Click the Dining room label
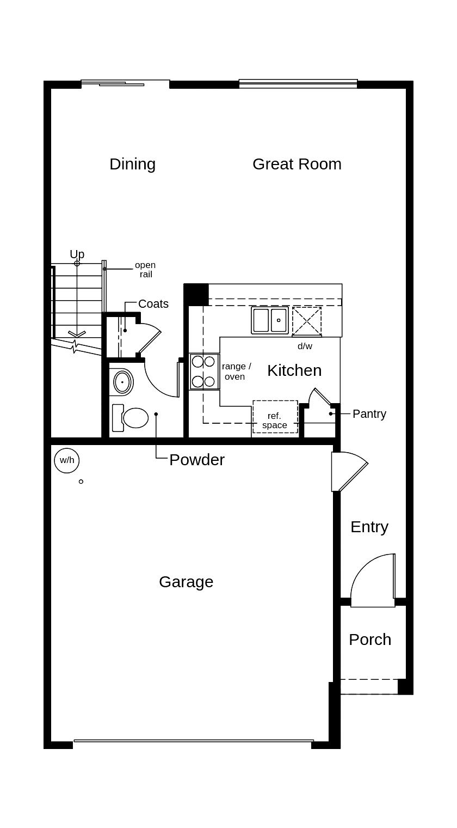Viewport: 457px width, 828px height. pyautogui.click(x=132, y=164)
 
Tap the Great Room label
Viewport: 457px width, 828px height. pyautogui.click(x=297, y=164)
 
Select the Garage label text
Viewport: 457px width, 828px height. pyautogui.click(x=186, y=582)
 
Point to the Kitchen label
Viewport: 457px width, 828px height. pyautogui.click(x=294, y=370)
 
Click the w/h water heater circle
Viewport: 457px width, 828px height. pyautogui.click(x=67, y=460)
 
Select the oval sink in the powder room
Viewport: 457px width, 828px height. pyautogui.click(x=123, y=382)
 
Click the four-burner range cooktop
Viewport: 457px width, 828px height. pyautogui.click(x=203, y=372)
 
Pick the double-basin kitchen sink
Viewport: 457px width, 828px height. pyautogui.click(x=270, y=320)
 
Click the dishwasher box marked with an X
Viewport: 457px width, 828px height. pyautogui.click(x=307, y=321)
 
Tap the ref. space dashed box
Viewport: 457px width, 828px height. pyautogui.click(x=275, y=417)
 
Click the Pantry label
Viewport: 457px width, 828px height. pyautogui.click(x=369, y=414)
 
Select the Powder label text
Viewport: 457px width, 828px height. pyautogui.click(x=197, y=460)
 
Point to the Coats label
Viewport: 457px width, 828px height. pyautogui.click(x=153, y=304)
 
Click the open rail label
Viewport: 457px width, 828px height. pyautogui.click(x=145, y=270)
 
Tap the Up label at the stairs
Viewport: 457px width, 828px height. pyautogui.click(x=77, y=254)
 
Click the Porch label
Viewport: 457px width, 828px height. pyautogui.click(x=370, y=640)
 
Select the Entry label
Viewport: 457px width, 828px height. pyautogui.click(x=369, y=527)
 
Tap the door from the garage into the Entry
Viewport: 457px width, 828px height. pyautogui.click(x=348, y=472)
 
